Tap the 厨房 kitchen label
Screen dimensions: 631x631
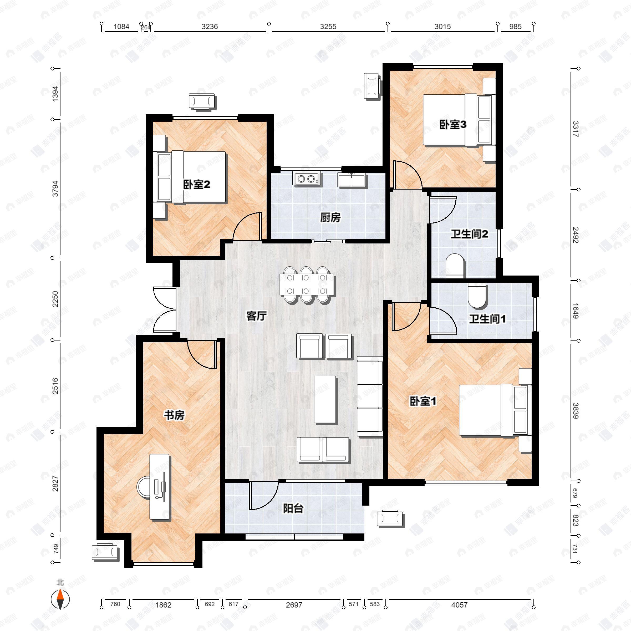(x=330, y=217)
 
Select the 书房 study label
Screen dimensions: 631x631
(x=174, y=415)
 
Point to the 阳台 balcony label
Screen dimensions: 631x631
(x=293, y=508)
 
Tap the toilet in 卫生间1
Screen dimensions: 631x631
(x=477, y=296)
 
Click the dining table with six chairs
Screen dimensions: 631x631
(x=306, y=285)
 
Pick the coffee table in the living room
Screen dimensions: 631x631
(x=325, y=400)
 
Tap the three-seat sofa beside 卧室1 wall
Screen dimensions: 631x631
(x=370, y=396)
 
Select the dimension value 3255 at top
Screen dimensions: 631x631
(x=328, y=27)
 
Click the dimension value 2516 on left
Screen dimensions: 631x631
(x=55, y=385)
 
